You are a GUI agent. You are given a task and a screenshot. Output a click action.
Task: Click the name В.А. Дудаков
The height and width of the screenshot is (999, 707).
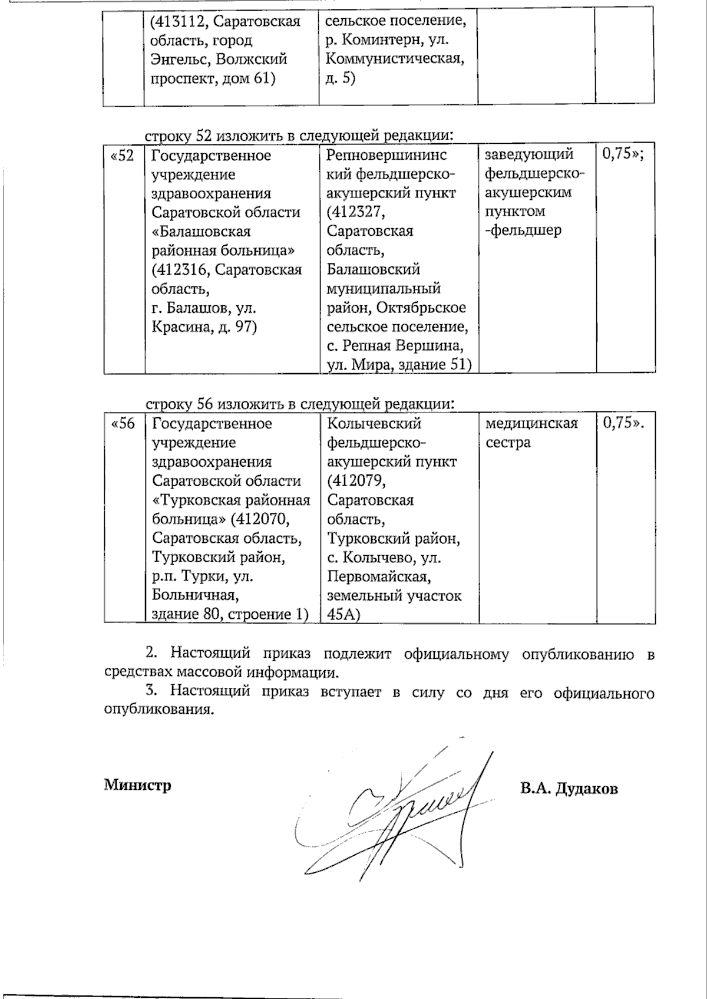[569, 789]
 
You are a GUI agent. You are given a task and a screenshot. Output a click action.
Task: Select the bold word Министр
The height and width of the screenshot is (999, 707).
[137, 785]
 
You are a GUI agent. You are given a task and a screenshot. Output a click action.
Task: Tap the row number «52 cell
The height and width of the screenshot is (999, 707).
[123, 156]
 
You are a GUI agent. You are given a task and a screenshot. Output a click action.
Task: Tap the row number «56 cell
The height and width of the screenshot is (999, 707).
[123, 424]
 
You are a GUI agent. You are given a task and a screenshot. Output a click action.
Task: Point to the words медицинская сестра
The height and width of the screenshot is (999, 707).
[531, 433]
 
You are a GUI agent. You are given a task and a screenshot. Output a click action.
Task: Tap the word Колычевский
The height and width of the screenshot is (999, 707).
[374, 424]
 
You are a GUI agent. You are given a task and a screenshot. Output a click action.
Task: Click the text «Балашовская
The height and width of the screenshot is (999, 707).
[201, 232]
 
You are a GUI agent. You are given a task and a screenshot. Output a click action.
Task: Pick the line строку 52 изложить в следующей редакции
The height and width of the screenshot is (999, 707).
[300, 136]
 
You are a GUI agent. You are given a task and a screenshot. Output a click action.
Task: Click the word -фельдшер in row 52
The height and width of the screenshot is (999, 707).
[523, 230]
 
